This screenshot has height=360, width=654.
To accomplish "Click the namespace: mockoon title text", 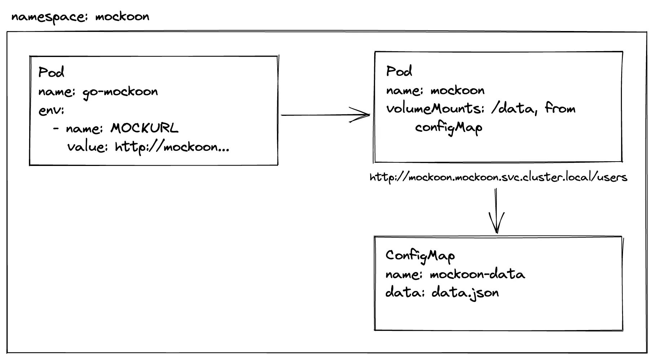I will (x=80, y=17).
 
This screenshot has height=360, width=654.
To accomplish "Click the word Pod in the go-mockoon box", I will (x=51, y=72).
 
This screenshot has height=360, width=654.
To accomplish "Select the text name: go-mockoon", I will (x=98, y=92).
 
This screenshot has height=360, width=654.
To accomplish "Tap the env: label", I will (x=51, y=110).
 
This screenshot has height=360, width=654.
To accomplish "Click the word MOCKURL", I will (x=144, y=128).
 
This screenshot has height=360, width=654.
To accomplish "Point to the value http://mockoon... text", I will (x=148, y=147).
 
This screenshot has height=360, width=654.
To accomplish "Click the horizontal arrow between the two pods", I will (x=317, y=115).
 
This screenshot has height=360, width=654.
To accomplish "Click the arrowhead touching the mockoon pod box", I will (x=362, y=115).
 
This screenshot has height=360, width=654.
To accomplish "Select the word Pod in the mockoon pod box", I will (x=399, y=71).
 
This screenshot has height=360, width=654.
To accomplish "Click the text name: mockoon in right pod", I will (x=435, y=90).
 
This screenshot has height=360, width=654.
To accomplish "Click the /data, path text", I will (x=514, y=108).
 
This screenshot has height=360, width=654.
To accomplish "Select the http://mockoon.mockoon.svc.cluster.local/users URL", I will (x=498, y=177).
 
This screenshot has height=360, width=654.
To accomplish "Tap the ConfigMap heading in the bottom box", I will (x=420, y=255).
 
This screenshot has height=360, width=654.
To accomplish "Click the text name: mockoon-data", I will (x=455, y=275).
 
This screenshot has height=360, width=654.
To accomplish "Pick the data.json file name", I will (x=465, y=293).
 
